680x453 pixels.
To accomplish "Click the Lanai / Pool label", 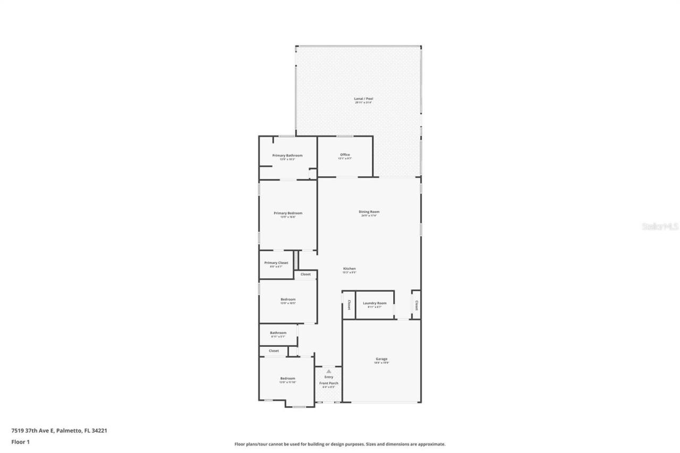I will coord(364,99).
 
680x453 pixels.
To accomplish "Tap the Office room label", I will coord(345,155).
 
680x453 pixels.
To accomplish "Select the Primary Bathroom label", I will coord(287,156).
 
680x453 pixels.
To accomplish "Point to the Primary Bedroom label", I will coord(288,213).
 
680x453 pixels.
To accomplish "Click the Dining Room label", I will coord(369,212).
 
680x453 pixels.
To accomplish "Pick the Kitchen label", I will coord(349,269).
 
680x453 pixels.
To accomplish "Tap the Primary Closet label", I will coord(276,263).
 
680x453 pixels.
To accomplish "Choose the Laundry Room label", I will coord(375,303).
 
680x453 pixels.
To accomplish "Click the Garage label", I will coord(381,359).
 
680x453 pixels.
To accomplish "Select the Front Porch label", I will coord(329,383).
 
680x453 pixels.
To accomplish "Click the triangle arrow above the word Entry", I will coord(329,371).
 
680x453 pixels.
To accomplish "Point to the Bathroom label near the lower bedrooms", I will coord(278,333).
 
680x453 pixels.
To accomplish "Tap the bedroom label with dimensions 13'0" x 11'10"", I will coord(287,379).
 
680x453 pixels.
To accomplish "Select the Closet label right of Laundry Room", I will coord(416,305).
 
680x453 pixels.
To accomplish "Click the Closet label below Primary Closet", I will coord(305,275).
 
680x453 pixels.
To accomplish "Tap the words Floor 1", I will coord(20,441).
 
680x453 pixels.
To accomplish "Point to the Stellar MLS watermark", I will coord(660,226).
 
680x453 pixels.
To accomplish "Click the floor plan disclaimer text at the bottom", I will coord(340,444).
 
